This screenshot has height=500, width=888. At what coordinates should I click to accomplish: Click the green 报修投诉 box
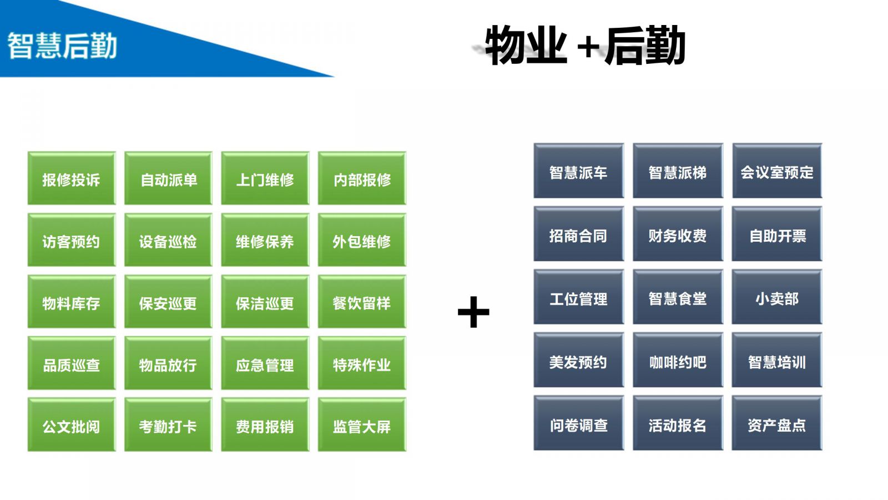pyautogui.click(x=72, y=179)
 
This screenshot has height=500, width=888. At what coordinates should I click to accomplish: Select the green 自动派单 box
pyautogui.click(x=168, y=179)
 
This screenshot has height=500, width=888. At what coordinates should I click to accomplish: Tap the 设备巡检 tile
pyautogui.click(x=168, y=241)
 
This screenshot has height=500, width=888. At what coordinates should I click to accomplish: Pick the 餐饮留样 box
pyautogui.click(x=362, y=302)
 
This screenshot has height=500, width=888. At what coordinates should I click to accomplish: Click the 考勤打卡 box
pyautogui.click(x=168, y=426)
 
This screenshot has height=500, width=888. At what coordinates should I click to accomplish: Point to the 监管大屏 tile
pyautogui.click(x=362, y=426)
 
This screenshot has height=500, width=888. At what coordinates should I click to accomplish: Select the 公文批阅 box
pyautogui.click(x=72, y=426)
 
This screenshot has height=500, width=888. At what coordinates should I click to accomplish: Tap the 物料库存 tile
pyautogui.click(x=72, y=302)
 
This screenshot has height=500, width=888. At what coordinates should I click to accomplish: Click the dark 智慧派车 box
pyautogui.click(x=578, y=172)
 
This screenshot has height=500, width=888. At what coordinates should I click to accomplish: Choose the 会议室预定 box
pyautogui.click(x=776, y=172)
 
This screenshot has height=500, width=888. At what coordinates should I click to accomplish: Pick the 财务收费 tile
pyautogui.click(x=678, y=235)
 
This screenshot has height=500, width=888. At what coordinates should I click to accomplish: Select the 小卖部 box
pyautogui.click(x=776, y=298)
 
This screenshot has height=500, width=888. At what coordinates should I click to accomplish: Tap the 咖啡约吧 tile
pyautogui.click(x=678, y=361)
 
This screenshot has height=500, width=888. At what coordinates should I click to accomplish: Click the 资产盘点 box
pyautogui.click(x=776, y=424)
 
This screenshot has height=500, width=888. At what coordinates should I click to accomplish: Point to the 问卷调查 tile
pyautogui.click(x=578, y=424)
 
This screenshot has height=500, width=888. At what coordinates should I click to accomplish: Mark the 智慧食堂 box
pyautogui.click(x=678, y=298)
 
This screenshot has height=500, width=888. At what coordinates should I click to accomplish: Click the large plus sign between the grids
pyautogui.click(x=473, y=312)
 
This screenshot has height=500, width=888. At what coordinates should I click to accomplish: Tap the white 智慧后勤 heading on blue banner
pyautogui.click(x=62, y=46)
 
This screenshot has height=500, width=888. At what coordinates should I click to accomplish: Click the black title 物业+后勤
pyautogui.click(x=585, y=46)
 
